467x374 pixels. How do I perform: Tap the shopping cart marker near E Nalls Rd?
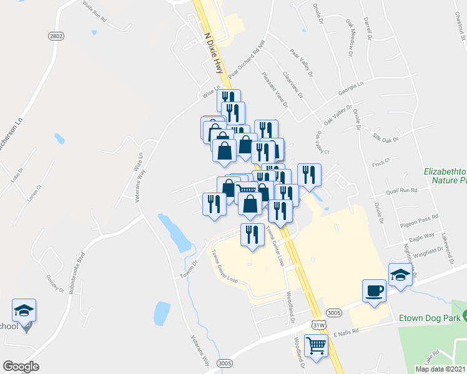tap(317, 345)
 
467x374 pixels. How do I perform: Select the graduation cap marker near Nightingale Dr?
tap(400, 274)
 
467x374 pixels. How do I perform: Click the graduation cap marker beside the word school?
tap(24, 310)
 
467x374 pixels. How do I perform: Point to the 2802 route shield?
tap(56, 37)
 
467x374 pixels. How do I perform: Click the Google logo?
tap(21, 367)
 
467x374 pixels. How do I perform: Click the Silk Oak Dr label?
tap(385, 138)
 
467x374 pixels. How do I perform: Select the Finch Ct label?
tap(380, 163)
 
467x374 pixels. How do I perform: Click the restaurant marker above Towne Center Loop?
tap(252, 234)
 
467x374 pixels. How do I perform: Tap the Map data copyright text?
tap(440, 369)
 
